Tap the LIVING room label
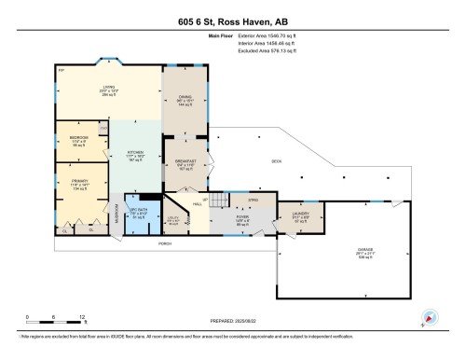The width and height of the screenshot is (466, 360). coord(109,87)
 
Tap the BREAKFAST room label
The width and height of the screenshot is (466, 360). coord(184,161)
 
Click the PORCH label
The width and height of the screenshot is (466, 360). coord(165,243)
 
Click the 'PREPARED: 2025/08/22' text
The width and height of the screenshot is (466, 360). coord(232,322)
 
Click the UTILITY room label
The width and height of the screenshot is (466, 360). coord(173,220)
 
